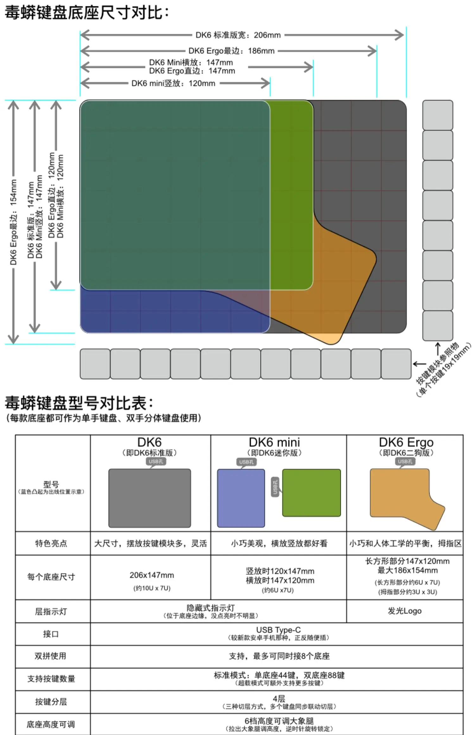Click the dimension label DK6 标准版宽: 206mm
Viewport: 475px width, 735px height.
pyautogui.click(x=238, y=35)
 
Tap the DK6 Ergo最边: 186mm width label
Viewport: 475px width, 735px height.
pyautogui.click(x=231, y=51)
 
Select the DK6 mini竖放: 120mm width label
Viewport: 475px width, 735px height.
pyautogui.click(x=173, y=84)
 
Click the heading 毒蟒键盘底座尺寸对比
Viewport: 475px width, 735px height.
pyautogui.click(x=87, y=13)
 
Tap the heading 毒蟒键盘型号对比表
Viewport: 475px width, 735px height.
pyautogui.click(x=79, y=403)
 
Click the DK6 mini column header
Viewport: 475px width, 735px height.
pyautogui.click(x=274, y=443)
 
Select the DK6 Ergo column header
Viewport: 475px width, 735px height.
pyautogui.click(x=406, y=443)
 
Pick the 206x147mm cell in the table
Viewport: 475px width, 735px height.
pyautogui.click(x=152, y=575)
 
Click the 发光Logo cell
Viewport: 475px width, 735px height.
pyautogui.click(x=405, y=611)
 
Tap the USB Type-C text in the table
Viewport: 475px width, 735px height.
pyautogui.click(x=278, y=630)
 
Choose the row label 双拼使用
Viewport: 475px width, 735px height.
pyautogui.click(x=51, y=656)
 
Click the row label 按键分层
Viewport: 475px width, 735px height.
pyautogui.click(x=51, y=702)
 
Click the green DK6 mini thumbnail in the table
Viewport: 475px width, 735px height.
pyautogui.click(x=311, y=493)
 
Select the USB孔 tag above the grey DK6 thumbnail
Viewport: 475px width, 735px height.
pyautogui.click(x=156, y=462)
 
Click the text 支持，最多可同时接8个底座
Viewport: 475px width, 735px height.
pyautogui.click(x=279, y=656)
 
